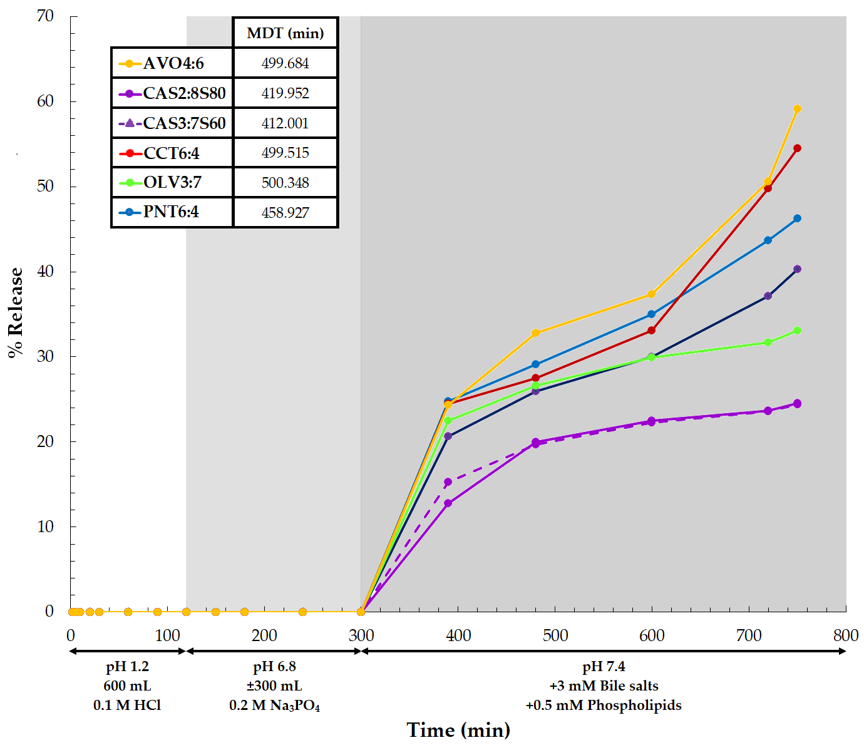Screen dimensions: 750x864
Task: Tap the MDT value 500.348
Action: [x=285, y=183]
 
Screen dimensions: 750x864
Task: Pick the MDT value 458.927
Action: [x=285, y=213]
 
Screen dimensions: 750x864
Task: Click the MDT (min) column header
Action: [x=285, y=33]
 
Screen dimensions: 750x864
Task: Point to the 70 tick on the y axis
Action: [x=46, y=16]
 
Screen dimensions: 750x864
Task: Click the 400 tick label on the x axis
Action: [x=458, y=635]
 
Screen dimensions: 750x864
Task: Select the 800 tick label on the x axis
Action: [x=845, y=635]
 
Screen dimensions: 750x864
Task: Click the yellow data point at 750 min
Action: [x=797, y=109]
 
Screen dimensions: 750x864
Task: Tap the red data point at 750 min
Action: [x=797, y=148]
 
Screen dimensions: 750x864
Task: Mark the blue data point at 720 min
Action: [x=768, y=240]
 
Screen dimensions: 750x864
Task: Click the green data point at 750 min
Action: [x=797, y=331]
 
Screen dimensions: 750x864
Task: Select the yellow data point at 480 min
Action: [x=535, y=333]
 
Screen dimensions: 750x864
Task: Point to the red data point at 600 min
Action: [x=652, y=331]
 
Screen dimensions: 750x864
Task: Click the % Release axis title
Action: [x=16, y=313]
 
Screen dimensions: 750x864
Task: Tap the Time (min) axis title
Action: [x=458, y=730]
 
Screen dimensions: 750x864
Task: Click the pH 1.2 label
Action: [x=128, y=667]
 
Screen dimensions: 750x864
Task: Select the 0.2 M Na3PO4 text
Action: [x=275, y=706]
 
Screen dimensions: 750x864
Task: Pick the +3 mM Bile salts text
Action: [x=604, y=686]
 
